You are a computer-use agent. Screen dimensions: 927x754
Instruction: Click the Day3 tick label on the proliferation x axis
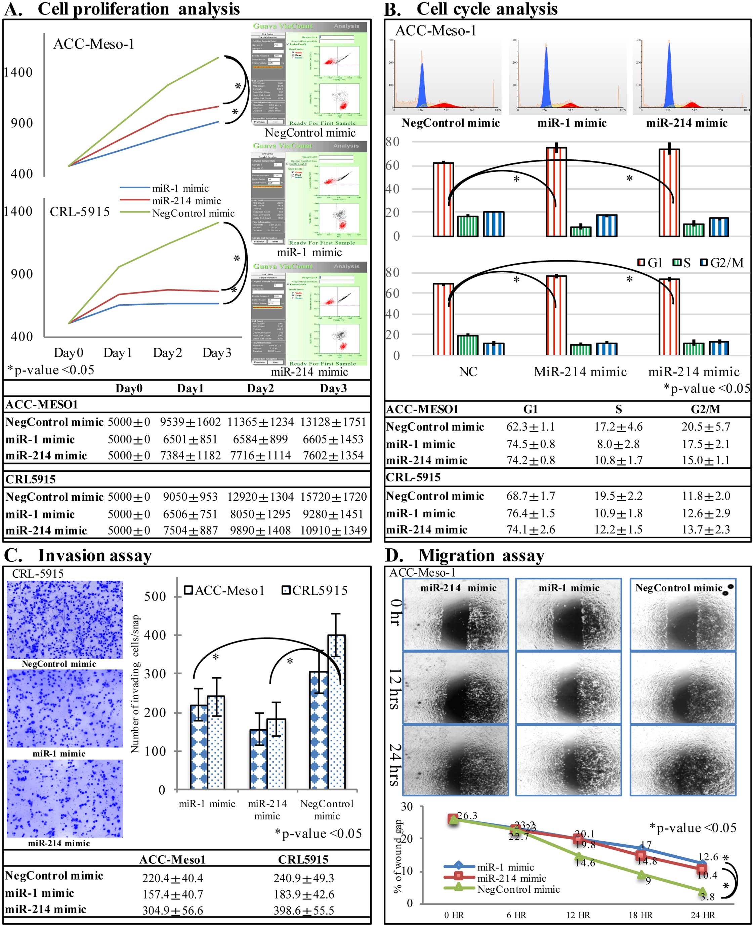217,352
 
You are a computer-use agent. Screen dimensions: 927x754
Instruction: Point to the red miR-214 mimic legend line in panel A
135,201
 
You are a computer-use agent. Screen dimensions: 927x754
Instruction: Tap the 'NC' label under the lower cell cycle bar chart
468,372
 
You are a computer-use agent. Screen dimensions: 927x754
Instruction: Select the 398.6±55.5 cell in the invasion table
304,911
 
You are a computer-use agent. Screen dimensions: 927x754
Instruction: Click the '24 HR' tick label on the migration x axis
703,915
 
